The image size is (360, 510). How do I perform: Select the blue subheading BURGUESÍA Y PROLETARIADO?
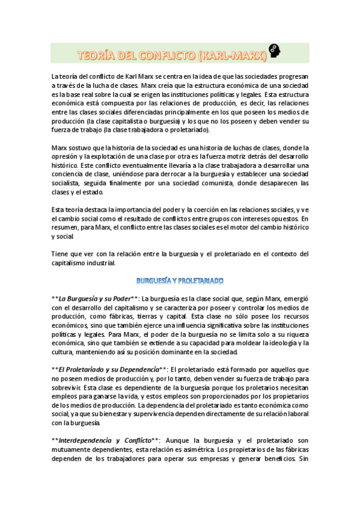pyautogui.click(x=180, y=281)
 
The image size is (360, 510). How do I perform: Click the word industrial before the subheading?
pyautogui.click(x=99, y=262)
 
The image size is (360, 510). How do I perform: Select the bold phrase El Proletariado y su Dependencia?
pyautogui.click(x=109, y=369)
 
